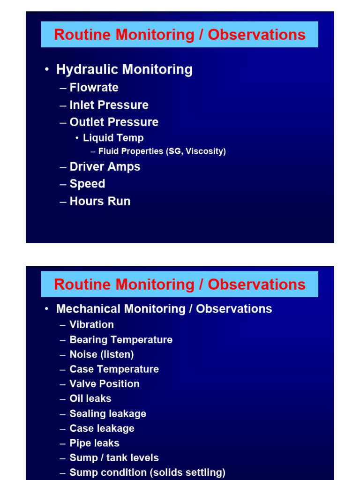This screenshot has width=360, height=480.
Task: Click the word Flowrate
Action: click(x=94, y=88)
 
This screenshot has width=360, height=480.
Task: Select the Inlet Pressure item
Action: click(x=109, y=105)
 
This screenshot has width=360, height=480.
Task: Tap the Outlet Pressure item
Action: click(x=114, y=122)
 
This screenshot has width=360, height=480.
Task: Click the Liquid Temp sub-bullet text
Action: click(x=113, y=138)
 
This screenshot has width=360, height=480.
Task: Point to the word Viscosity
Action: click(x=205, y=151)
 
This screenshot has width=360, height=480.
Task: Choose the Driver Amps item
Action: click(x=105, y=167)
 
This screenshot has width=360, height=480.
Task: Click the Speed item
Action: click(x=87, y=184)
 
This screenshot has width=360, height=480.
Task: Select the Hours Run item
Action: click(x=100, y=202)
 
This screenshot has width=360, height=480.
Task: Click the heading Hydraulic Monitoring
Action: click(x=124, y=70)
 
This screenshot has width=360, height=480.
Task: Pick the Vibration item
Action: click(x=91, y=325)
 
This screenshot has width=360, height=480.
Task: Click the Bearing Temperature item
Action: click(x=121, y=340)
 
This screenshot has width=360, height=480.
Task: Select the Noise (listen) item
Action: click(x=102, y=354)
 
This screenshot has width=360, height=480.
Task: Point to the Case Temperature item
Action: click(x=114, y=369)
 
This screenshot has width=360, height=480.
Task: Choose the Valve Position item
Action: click(x=105, y=384)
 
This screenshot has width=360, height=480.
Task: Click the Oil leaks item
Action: click(x=90, y=399)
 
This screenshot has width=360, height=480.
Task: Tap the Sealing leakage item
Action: click(x=108, y=414)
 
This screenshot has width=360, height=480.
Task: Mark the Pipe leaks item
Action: click(x=94, y=443)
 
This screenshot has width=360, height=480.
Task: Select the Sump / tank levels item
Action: click(x=114, y=458)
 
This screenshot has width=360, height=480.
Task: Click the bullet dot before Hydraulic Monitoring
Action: click(x=47, y=70)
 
